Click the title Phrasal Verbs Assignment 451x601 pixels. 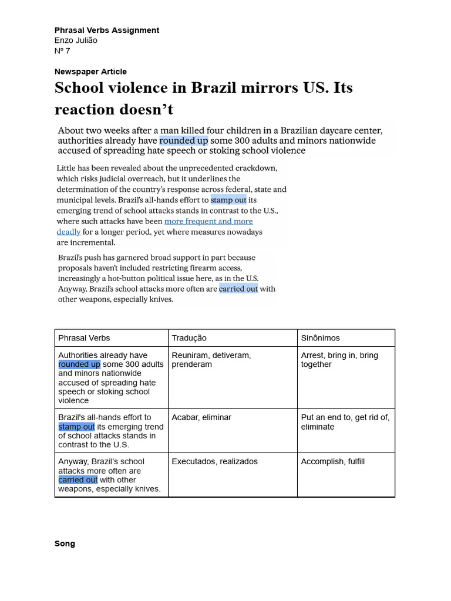pos(106,30)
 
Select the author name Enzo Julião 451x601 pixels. pos(76,40)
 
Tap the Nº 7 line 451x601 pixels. pos(62,50)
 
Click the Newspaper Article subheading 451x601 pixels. pos(90,72)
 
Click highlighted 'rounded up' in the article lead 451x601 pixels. pos(183,141)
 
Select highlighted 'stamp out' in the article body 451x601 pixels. pos(228,200)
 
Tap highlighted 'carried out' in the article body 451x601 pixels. pos(238,289)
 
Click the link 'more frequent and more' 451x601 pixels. pos(208,221)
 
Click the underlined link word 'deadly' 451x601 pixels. pos(68,232)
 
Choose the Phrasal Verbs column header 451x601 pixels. pos(84,338)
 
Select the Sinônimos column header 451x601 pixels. pos(320,338)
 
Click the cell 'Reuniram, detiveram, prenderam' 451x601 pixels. pos(211,360)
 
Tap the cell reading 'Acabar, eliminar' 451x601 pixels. pos(201,417)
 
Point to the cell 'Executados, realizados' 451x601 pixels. pos(214,461)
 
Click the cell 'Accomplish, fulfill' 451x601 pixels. pos(332,461)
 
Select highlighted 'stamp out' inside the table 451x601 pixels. pos(76,427)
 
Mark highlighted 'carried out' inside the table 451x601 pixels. pos(78,480)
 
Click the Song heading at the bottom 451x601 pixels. pos(65,543)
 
